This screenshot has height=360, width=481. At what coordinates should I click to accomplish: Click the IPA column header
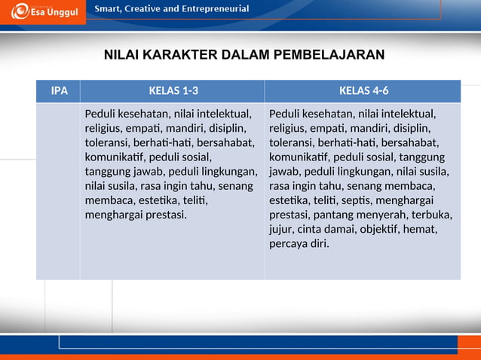(59, 92)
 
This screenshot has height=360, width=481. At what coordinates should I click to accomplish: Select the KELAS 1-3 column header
(173, 92)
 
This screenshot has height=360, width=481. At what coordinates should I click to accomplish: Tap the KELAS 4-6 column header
(364, 92)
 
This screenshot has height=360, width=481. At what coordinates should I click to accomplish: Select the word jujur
(281, 229)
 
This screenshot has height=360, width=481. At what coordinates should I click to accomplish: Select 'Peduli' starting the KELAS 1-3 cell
(100, 114)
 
